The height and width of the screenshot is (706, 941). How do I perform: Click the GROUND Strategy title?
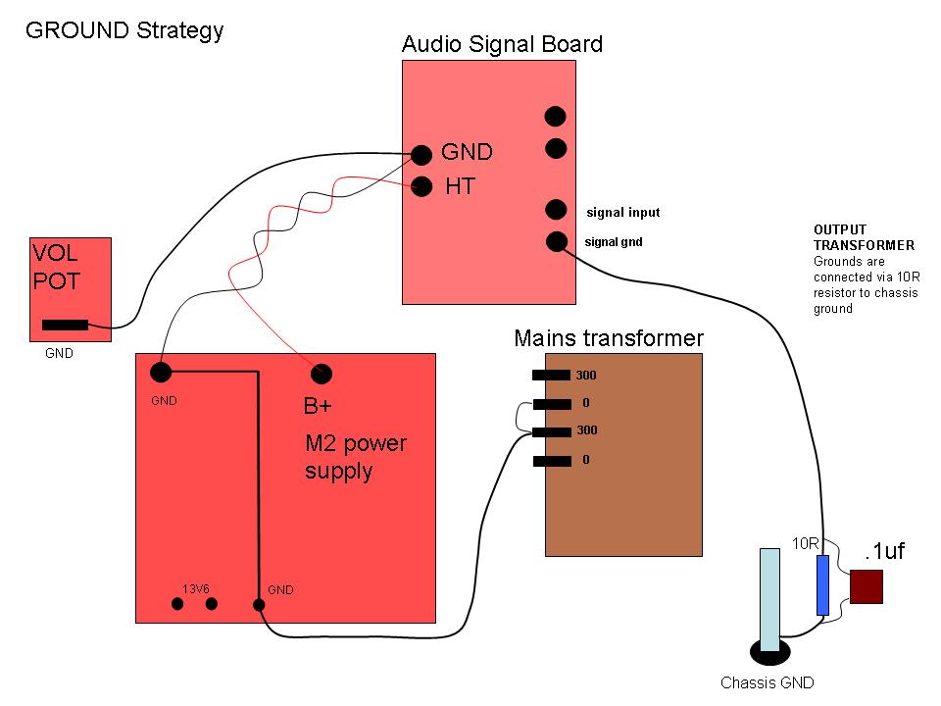click(124, 29)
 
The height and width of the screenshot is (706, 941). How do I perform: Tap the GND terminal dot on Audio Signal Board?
click(421, 155)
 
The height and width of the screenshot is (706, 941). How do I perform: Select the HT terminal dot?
click(421, 186)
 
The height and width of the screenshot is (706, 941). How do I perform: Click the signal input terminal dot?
click(556, 210)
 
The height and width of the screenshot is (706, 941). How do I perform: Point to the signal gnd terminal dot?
click(557, 240)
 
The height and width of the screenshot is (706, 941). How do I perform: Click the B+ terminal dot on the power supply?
click(322, 374)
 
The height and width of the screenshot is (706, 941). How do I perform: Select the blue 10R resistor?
click(823, 585)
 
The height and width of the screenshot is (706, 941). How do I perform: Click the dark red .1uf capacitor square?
click(867, 586)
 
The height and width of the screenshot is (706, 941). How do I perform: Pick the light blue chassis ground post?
click(770, 598)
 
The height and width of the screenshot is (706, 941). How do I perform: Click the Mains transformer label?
click(609, 339)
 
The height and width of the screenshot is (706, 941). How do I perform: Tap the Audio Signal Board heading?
click(502, 44)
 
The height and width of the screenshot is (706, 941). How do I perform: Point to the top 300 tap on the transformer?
click(551, 376)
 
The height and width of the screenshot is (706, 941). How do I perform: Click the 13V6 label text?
click(196, 589)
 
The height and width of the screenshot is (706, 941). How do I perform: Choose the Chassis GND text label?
click(767, 683)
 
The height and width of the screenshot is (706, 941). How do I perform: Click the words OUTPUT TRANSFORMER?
click(864, 237)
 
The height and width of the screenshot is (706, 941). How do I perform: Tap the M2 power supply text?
click(355, 457)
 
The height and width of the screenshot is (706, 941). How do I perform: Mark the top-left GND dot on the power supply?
click(161, 373)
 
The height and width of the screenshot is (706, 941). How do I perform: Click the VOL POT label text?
click(56, 266)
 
